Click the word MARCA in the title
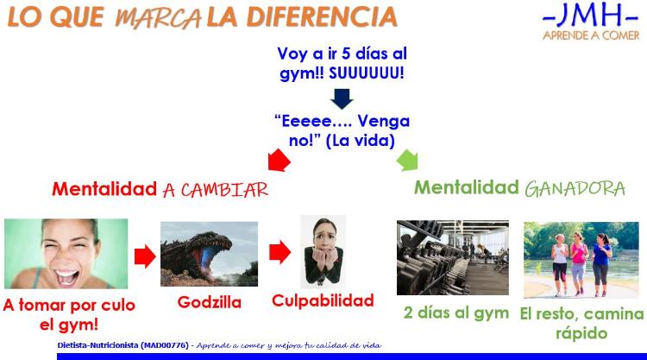click(x=158, y=18)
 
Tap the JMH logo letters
click(x=590, y=15)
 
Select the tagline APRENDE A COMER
click(x=591, y=35)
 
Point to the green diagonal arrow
click(x=407, y=160)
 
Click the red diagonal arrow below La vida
click(x=279, y=161)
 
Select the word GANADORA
click(x=575, y=189)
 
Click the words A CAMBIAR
click(x=216, y=190)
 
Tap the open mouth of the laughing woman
click(x=66, y=276)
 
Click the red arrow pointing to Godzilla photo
click(x=145, y=256)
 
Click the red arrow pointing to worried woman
click(x=280, y=252)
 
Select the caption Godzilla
click(x=210, y=302)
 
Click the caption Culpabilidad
click(x=323, y=300)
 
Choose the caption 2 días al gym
click(x=456, y=313)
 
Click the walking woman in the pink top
click(x=579, y=262)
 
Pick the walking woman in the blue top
click(x=601, y=264)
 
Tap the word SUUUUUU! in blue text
click(x=367, y=73)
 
